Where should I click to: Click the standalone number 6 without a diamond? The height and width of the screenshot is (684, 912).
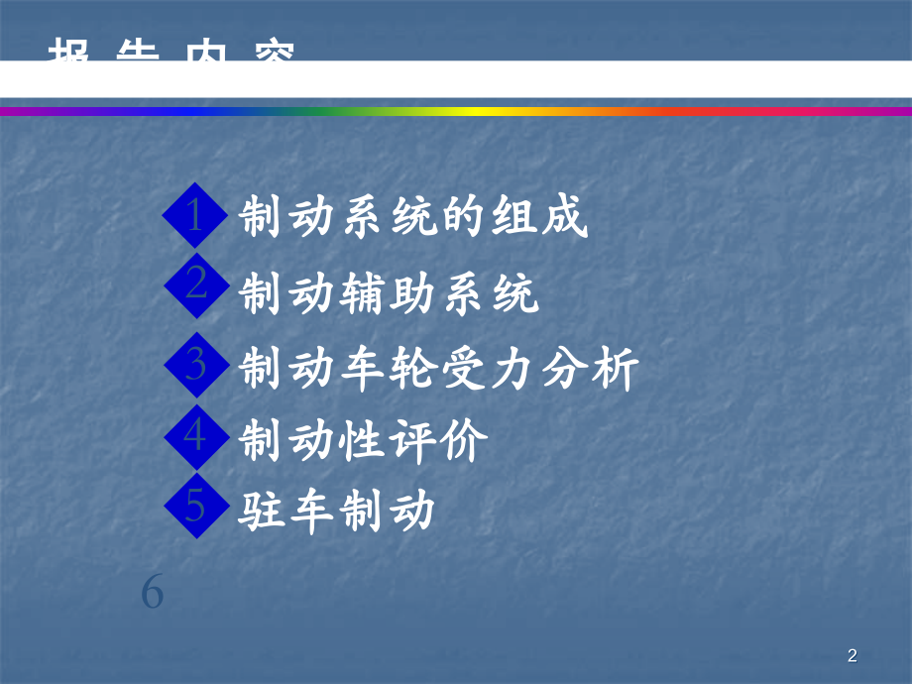[152, 592]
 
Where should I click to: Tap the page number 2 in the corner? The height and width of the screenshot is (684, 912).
[853, 655]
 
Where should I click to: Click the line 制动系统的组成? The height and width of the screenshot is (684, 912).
[414, 219]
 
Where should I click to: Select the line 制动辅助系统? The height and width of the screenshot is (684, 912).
[390, 294]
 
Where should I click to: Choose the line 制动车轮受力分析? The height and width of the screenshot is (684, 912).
[439, 370]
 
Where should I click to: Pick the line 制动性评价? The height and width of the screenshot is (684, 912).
[365, 442]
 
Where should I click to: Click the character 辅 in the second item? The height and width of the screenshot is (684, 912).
[365, 294]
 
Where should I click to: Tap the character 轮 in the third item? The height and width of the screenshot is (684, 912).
[414, 370]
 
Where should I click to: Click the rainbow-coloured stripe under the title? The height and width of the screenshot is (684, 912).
[456, 111]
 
